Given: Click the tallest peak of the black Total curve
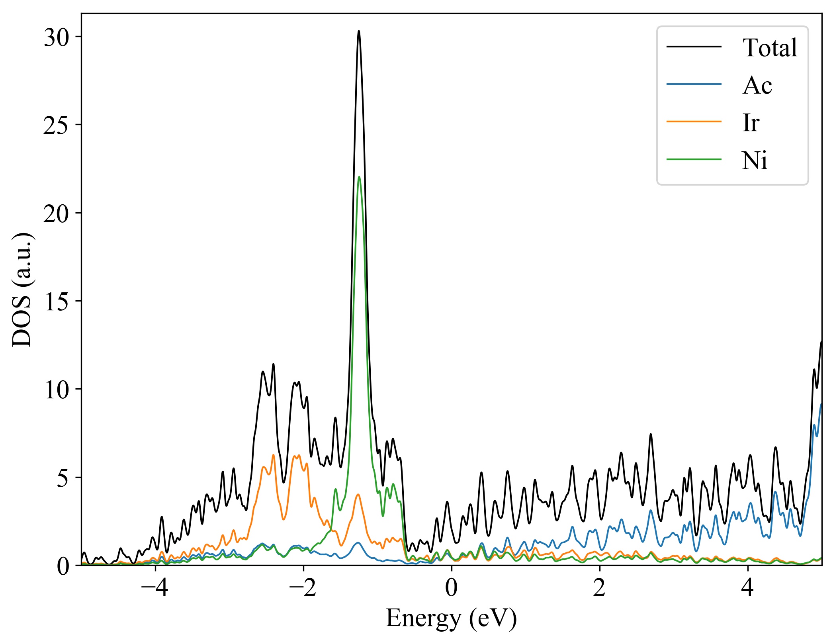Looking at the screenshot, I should pos(359,31).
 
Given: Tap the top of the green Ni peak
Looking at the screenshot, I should pos(359,177).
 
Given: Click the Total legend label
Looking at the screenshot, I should pos(770,48).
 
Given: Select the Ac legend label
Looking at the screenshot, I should pos(757,85).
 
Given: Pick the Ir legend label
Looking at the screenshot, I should pos(751,123).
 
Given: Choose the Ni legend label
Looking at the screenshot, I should pos(755,161).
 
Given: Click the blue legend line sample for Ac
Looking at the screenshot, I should pos(694,84).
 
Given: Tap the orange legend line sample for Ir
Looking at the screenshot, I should pos(694,121).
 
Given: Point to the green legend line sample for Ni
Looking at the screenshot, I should pos(694,159).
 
